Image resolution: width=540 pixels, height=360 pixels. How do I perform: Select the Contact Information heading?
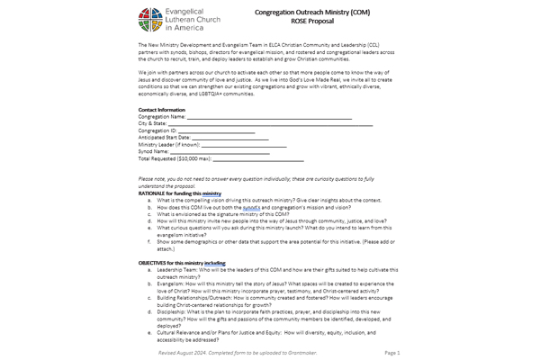(x=162, y=109)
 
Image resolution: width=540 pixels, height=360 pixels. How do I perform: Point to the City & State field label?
(x=157, y=123)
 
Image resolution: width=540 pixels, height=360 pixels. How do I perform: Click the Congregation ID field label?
(x=159, y=130)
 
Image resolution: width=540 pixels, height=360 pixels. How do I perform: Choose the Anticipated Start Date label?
(x=166, y=138)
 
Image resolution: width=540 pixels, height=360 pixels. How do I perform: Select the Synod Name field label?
(x=154, y=152)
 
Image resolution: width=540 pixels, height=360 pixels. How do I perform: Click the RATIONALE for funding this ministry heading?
(x=180, y=193)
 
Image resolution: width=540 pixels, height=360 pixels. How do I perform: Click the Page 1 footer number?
(x=391, y=353)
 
